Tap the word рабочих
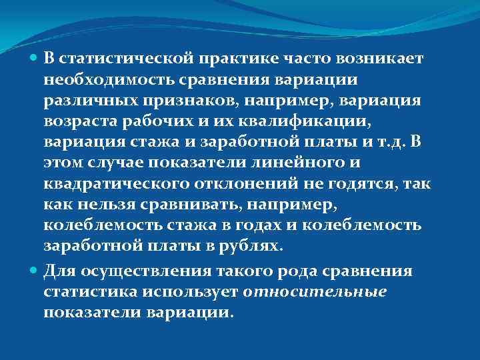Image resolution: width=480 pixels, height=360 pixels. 147,121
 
